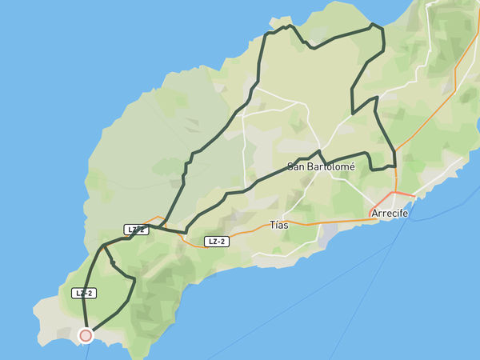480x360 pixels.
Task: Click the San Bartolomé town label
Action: [321, 166]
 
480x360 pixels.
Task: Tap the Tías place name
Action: [279, 225]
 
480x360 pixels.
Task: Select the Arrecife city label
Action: [390, 214]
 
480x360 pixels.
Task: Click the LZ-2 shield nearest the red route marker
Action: [84, 293]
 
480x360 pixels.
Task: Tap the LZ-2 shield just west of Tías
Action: [216, 242]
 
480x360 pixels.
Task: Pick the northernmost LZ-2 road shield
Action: [136, 230]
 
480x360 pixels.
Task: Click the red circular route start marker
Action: [86, 335]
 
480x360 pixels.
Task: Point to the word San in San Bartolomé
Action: [297, 166]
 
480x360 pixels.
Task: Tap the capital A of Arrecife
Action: [374, 214]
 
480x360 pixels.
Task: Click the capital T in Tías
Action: [273, 225]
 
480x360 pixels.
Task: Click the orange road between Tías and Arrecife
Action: [336, 221]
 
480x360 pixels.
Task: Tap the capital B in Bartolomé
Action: [313, 166]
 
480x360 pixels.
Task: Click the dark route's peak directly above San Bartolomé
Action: [319, 151]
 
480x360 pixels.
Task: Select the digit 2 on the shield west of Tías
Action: [224, 242]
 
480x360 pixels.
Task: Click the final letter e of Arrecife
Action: [406, 214]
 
